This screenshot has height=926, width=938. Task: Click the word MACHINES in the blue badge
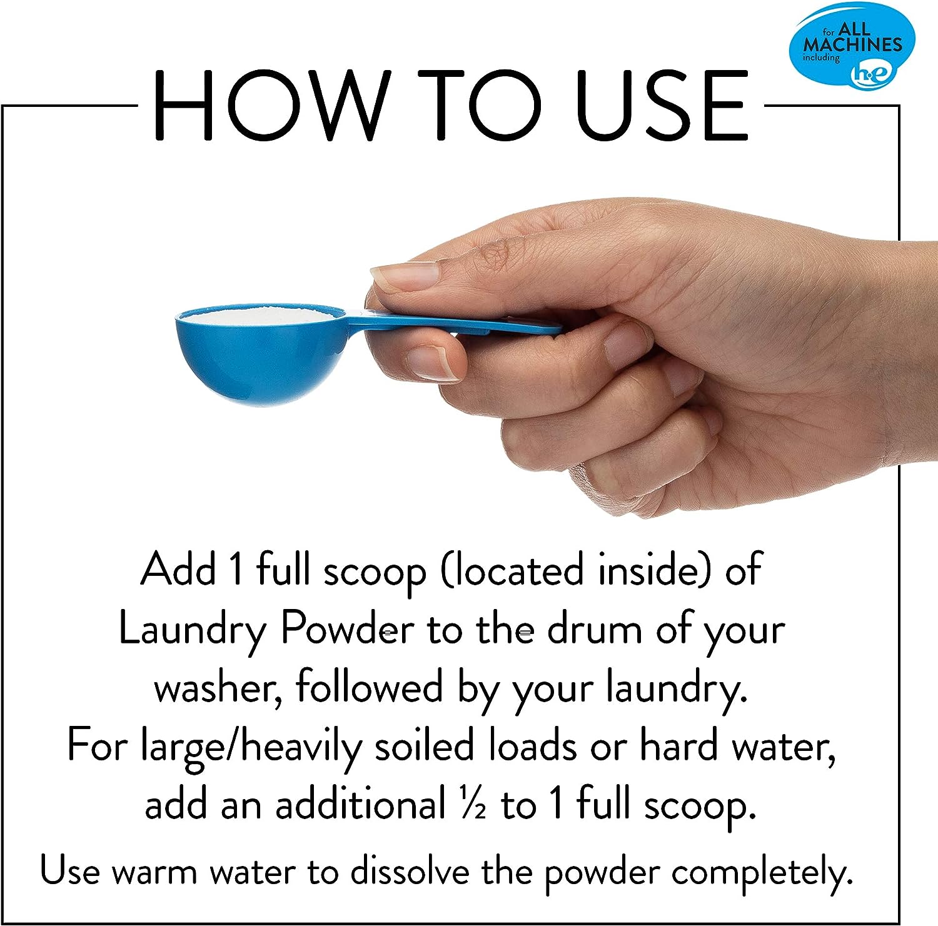point(852,44)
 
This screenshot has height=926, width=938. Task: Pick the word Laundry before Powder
point(193,630)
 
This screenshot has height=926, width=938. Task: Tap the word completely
point(762,873)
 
